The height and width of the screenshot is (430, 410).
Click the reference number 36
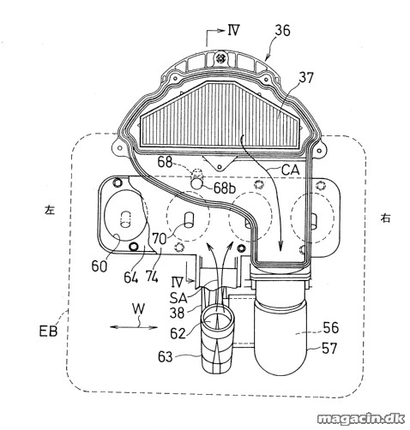(x=282, y=31)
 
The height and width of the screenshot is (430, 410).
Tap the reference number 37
(x=306, y=78)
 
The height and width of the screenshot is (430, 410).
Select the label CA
(x=291, y=170)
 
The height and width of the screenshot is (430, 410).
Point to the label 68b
(x=225, y=188)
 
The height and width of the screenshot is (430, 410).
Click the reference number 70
(x=159, y=239)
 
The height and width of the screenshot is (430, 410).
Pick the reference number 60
(x=99, y=266)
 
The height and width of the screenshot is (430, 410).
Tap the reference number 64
(x=131, y=277)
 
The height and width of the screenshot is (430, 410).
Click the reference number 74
(x=152, y=277)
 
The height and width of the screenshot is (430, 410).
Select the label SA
(x=178, y=298)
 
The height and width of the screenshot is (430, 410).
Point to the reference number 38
(x=177, y=314)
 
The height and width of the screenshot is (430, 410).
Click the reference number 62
(x=178, y=333)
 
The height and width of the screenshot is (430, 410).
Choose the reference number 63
(x=166, y=357)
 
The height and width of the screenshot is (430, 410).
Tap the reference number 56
(x=331, y=328)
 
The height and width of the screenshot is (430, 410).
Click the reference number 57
(x=329, y=349)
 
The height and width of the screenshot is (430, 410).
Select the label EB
(x=48, y=331)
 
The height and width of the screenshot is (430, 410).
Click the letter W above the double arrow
(x=138, y=309)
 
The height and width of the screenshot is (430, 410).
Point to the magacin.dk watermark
(x=361, y=419)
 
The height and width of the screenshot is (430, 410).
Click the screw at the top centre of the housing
(x=220, y=58)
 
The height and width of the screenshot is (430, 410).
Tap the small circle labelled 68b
(x=197, y=183)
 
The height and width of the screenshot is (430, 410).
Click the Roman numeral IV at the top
(x=233, y=30)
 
